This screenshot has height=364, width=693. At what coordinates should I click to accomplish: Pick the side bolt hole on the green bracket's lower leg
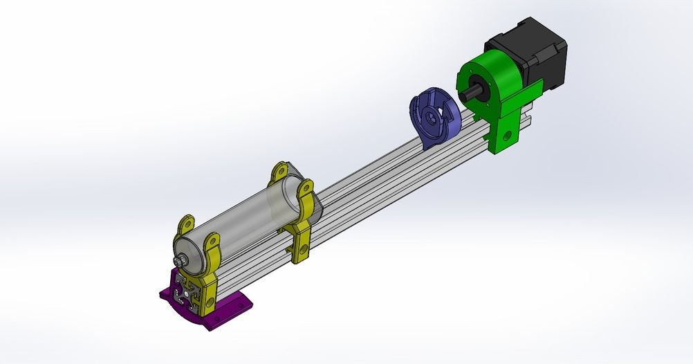point(510,138)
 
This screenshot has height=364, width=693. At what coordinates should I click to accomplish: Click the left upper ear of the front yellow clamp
point(187,224)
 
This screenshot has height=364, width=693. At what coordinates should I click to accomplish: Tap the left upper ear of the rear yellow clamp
point(279,170)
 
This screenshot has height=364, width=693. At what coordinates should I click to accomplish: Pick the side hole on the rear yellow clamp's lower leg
point(303,243)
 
